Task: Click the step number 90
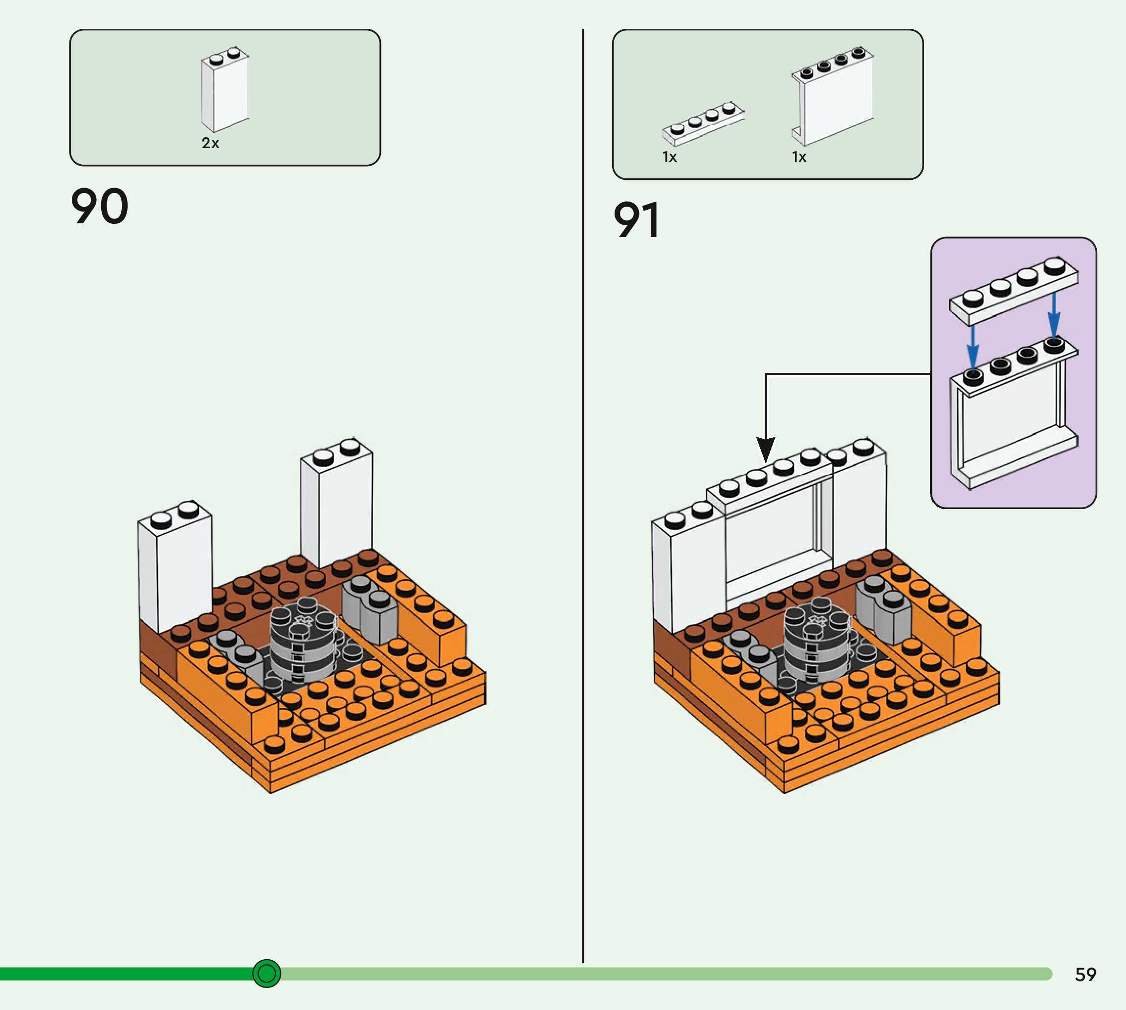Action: pos(100,206)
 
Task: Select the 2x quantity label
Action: pos(210,143)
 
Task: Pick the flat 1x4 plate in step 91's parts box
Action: pos(704,123)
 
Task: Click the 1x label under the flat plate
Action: pos(670,157)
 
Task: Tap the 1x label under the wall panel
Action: pos(799,157)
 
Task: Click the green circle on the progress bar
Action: pos(266,973)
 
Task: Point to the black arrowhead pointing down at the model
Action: pos(766,449)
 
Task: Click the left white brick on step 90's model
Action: pos(175,566)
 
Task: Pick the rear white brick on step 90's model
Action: pos(336,503)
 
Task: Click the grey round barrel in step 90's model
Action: pos(304,639)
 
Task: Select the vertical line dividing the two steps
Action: pos(583,495)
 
